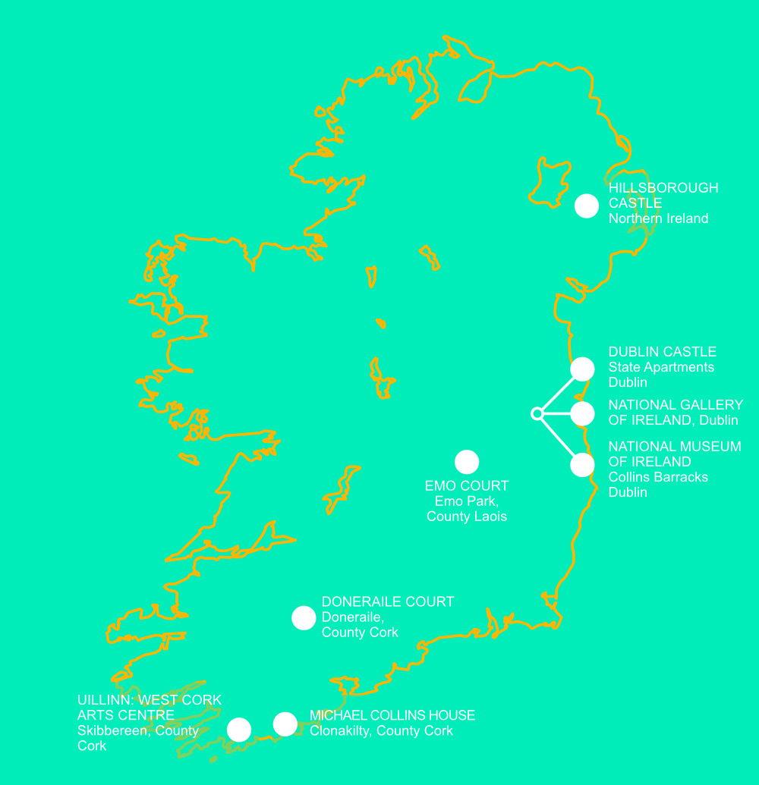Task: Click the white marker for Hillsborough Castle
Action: (587, 206)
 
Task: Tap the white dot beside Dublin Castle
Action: (582, 369)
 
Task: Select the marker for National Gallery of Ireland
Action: (582, 413)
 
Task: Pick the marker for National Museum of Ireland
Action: (582, 465)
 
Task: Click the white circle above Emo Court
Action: (467, 461)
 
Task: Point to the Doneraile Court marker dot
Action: (304, 618)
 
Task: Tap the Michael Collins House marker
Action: (285, 724)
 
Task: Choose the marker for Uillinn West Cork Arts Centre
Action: (239, 730)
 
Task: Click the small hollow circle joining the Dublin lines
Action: (537, 413)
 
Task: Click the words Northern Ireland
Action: (658, 218)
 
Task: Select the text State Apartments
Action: (661, 367)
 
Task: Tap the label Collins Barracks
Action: (658, 477)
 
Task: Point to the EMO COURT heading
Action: (467, 485)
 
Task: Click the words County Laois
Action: (467, 517)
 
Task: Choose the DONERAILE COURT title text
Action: (388, 601)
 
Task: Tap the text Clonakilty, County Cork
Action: (381, 730)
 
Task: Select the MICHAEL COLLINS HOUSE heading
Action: (392, 715)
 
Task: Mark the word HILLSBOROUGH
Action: (663, 187)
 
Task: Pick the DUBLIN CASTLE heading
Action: (662, 352)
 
